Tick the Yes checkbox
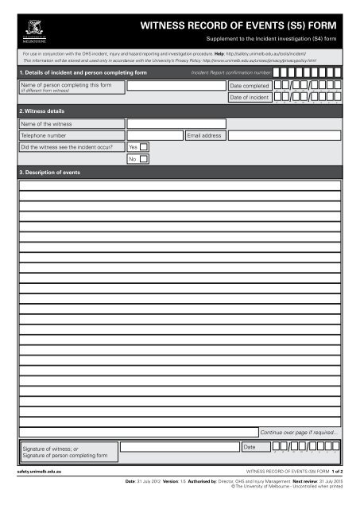(x=144, y=146)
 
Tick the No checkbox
(x=144, y=159)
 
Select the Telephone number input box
(x=154, y=135)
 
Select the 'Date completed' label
(x=249, y=84)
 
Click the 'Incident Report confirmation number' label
(x=231, y=72)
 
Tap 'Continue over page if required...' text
(x=300, y=432)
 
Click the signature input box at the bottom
(x=179, y=448)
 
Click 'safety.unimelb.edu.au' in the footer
(x=40, y=472)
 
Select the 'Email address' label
(x=204, y=136)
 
